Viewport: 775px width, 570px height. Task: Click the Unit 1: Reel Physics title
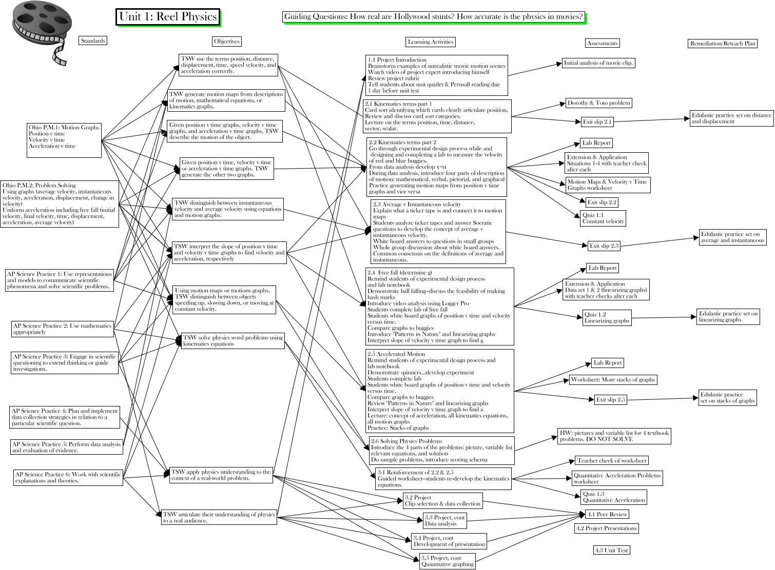168,16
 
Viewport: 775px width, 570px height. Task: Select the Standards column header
93,41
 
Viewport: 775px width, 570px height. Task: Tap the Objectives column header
226,42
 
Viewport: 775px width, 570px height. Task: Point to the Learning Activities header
430,42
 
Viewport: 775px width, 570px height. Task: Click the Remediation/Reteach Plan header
723,44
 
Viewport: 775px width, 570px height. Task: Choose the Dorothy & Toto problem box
598,103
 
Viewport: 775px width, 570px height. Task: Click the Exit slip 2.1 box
597,122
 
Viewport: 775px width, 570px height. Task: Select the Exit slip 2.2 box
602,202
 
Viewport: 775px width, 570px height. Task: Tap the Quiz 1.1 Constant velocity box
603,218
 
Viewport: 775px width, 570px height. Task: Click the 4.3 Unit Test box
611,550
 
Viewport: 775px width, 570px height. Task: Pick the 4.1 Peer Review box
607,514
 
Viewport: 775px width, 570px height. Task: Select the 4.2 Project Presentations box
606,528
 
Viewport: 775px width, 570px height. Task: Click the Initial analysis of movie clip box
598,63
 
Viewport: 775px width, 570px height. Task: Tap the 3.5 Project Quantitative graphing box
448,561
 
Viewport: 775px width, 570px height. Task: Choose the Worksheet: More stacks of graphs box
613,380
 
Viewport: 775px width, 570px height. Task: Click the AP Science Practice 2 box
62,329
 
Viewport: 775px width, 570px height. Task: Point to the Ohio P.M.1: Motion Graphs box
64,140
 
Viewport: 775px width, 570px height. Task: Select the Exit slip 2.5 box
610,400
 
